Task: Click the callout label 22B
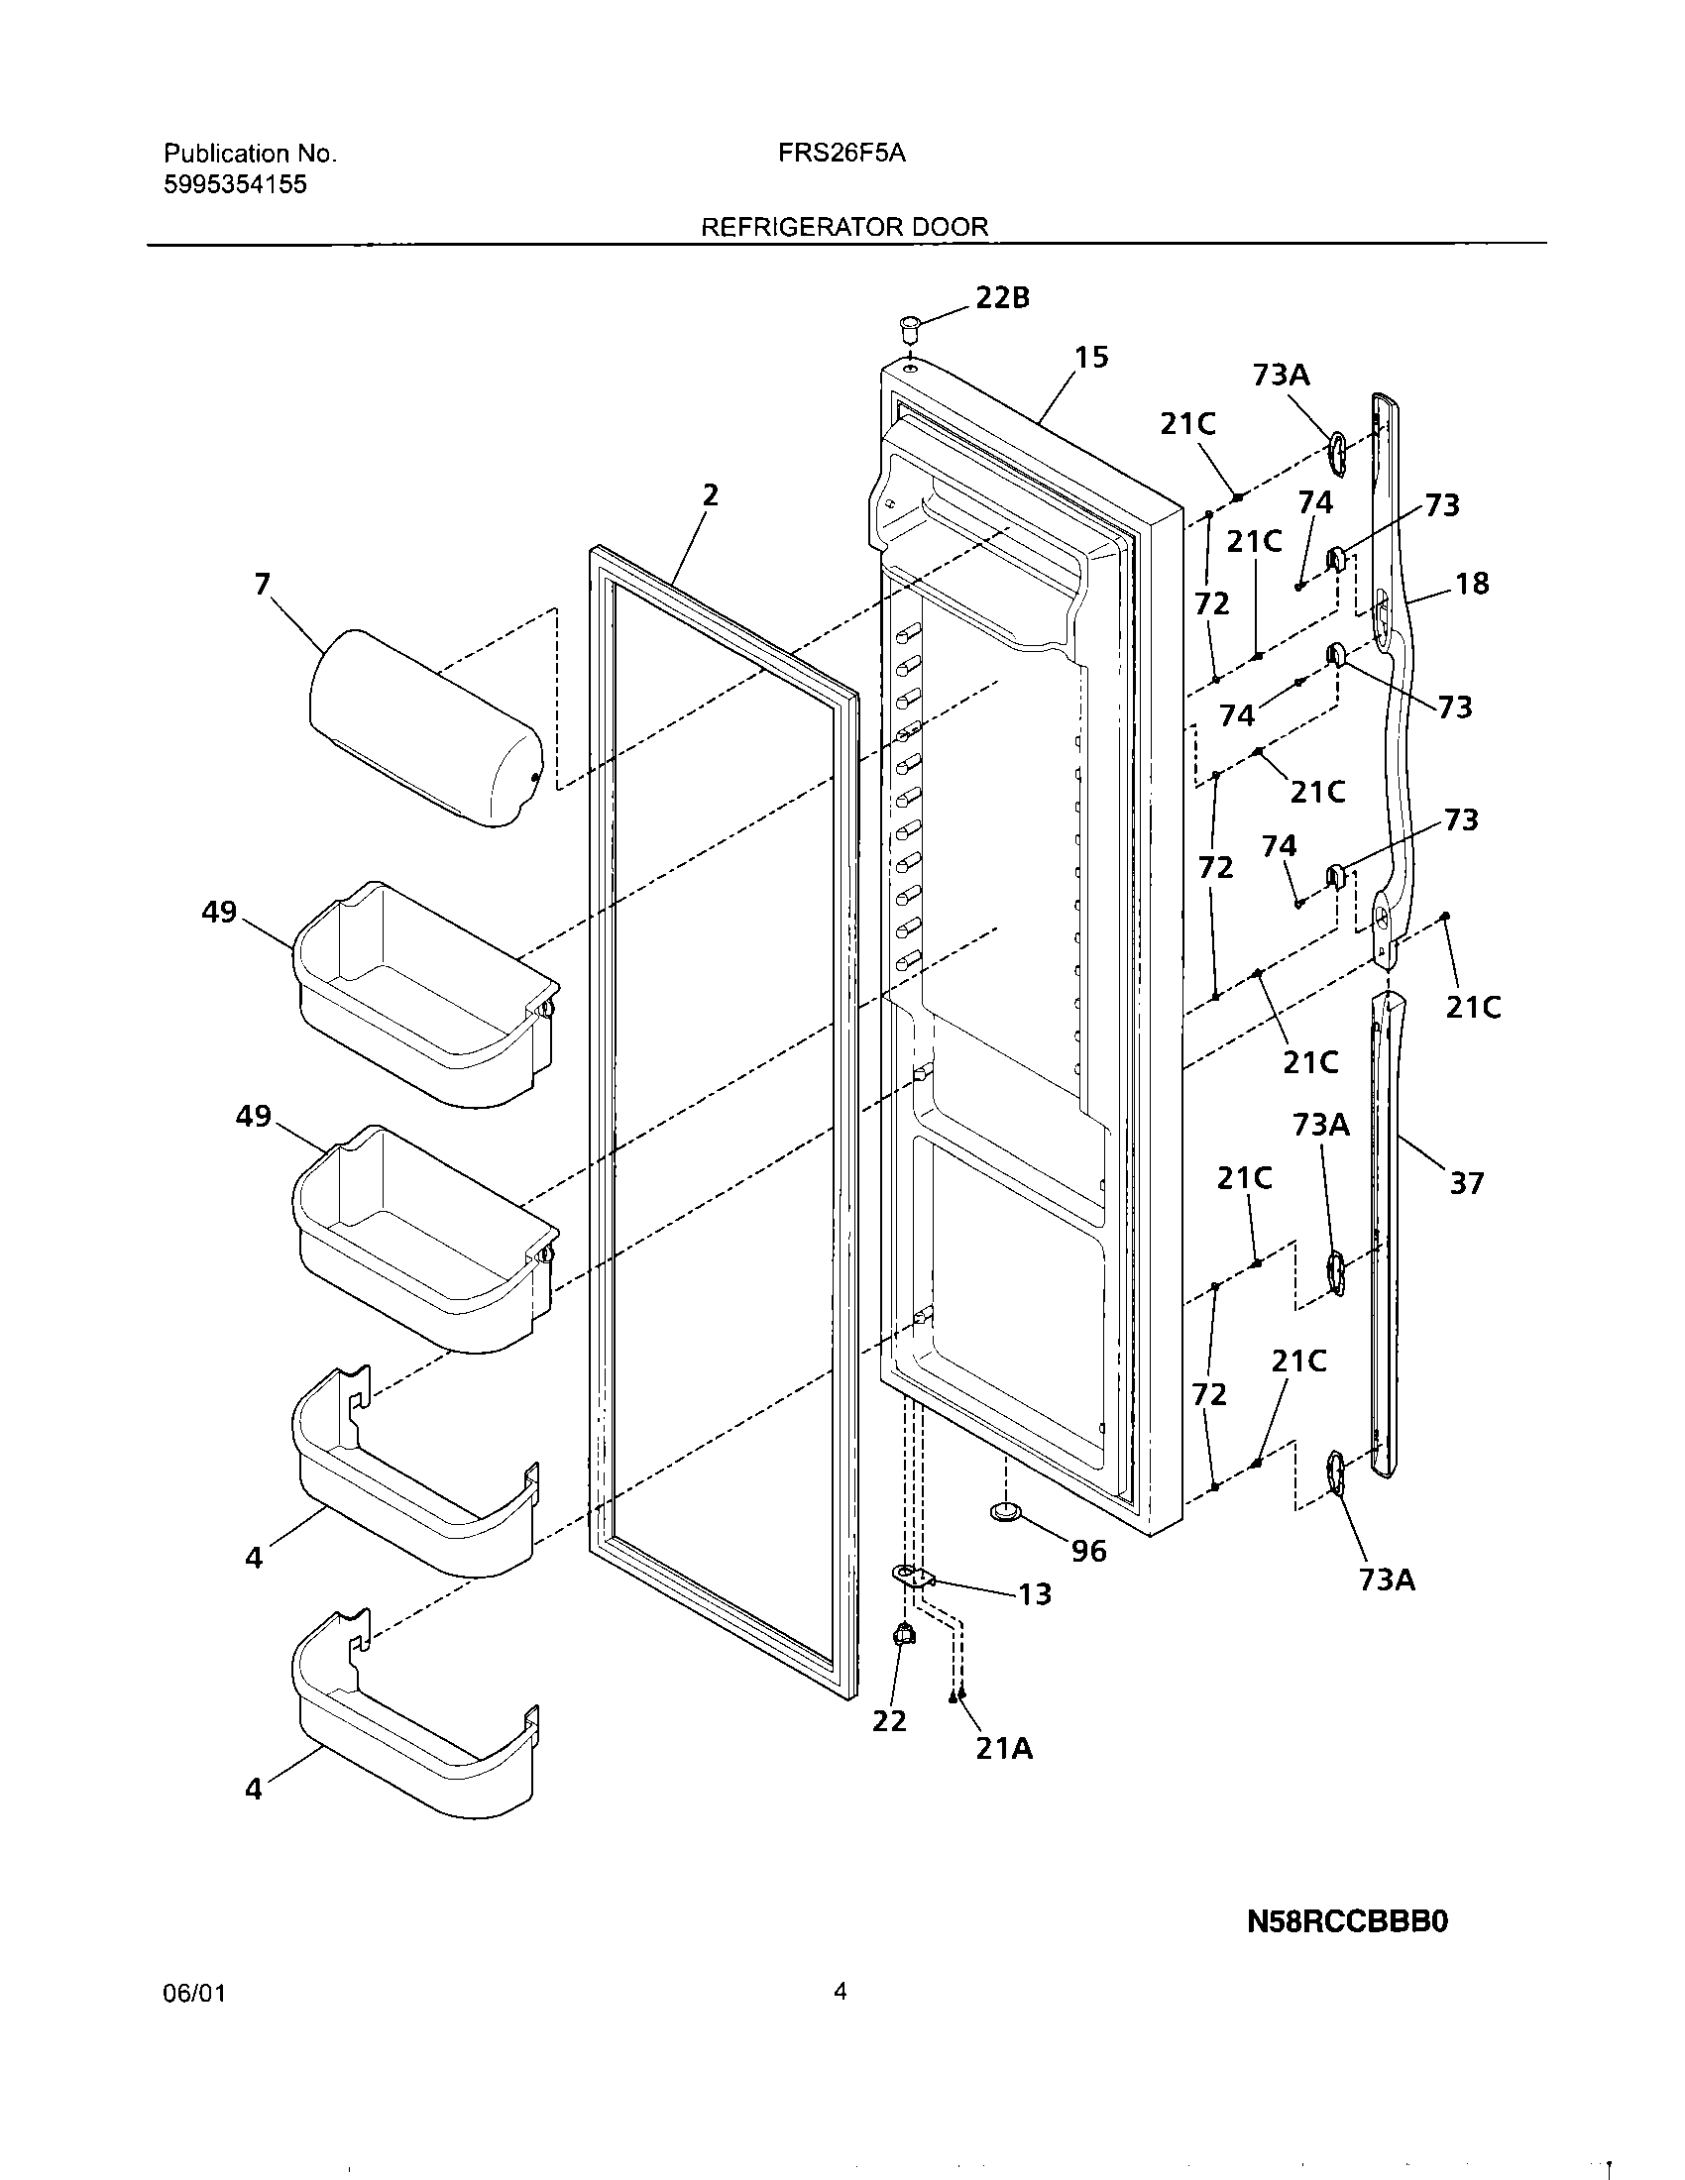coord(1002,297)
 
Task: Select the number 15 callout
coord(1091,358)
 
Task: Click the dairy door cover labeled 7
coord(424,729)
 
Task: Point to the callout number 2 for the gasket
coord(710,495)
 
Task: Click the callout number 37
coord(1466,1184)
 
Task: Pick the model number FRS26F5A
coord(842,154)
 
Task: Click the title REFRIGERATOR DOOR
coord(844,227)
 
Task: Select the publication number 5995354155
coord(235,184)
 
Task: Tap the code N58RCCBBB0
coord(1347,1921)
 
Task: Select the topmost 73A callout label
coord(1281,376)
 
